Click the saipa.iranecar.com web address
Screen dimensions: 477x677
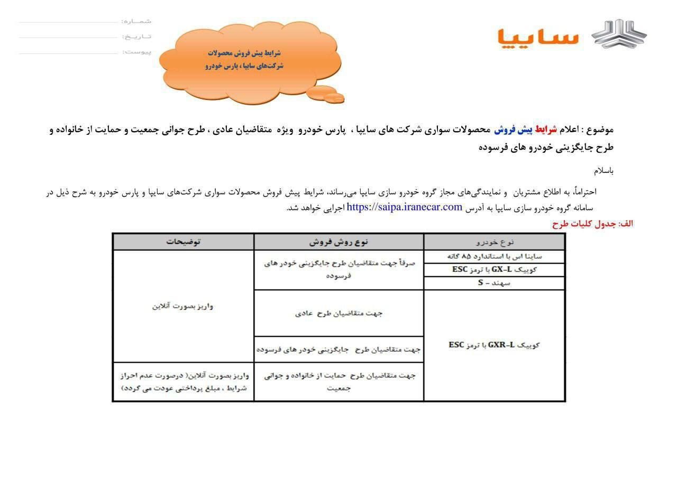(x=405, y=207)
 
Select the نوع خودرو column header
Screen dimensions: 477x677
(x=495, y=242)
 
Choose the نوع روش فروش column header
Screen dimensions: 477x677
(x=338, y=242)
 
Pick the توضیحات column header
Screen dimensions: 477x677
(x=183, y=242)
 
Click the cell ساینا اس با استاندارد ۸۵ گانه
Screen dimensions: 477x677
(x=495, y=256)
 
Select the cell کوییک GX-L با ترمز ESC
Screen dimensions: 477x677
(x=495, y=270)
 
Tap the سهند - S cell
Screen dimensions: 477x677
(x=495, y=283)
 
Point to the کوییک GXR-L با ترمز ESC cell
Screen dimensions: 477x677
(x=495, y=345)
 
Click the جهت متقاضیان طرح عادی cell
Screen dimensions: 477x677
(x=338, y=313)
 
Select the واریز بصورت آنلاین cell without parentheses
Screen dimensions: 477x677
(x=183, y=306)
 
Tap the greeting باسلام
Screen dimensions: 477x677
(x=603, y=171)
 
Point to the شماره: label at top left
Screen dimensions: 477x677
(x=136, y=21)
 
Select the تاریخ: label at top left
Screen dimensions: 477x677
(x=136, y=36)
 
